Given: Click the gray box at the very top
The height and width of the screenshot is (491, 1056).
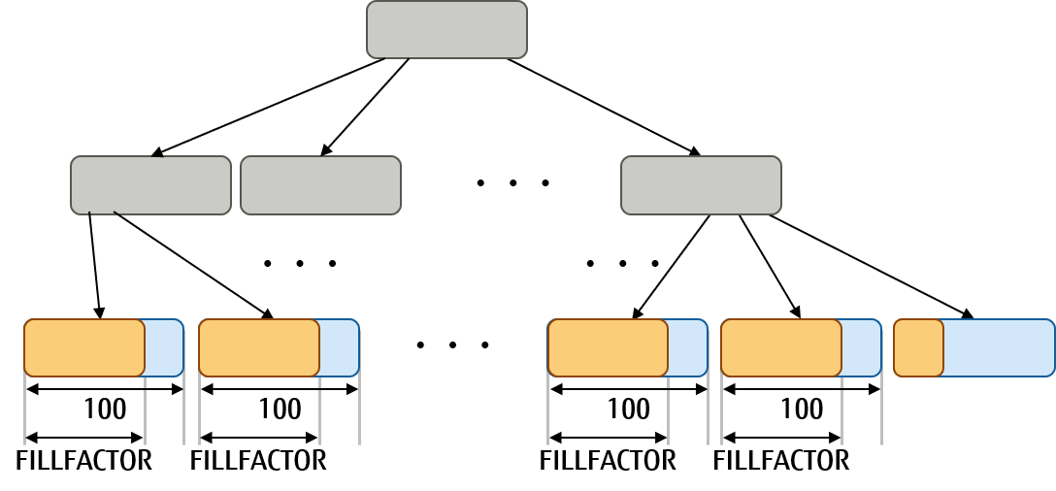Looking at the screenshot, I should point(446,29).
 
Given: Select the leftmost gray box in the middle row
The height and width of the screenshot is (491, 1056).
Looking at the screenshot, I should point(150,184).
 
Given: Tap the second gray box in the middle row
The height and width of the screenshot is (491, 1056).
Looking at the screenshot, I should point(320,184).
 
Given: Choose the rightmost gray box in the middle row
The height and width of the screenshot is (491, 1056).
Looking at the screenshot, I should point(701,184).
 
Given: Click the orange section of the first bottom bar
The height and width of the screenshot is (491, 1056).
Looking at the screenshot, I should point(84,347).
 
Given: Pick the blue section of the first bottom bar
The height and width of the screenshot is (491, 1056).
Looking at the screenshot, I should point(164,347).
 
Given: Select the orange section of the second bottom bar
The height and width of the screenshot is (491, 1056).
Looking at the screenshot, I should point(259,347).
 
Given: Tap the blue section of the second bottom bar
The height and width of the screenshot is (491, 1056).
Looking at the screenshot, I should point(339,347).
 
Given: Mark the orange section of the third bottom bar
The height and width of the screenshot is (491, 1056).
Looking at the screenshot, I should point(608,347).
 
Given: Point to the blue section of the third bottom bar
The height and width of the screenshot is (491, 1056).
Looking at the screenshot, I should point(687,347).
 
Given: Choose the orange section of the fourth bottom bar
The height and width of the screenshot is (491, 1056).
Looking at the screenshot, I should point(781,347).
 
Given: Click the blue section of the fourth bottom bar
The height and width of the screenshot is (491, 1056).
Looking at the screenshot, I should point(861,347).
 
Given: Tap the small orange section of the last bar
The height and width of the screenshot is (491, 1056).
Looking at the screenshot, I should point(918,347).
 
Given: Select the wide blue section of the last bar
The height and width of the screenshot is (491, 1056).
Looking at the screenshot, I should point(998,347).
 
